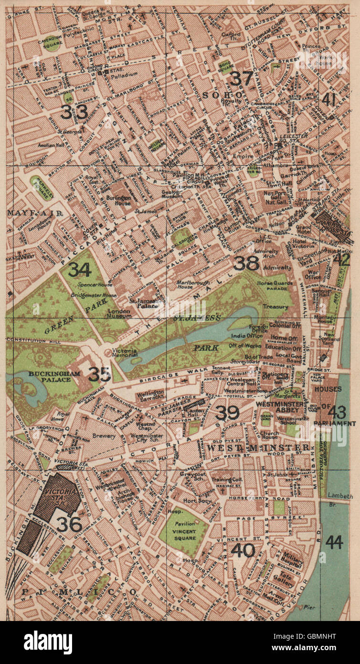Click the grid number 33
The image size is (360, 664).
tap(74, 112)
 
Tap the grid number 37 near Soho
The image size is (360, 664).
tap(241, 78)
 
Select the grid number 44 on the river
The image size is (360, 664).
tap(334, 542)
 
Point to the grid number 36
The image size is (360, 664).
tap(70, 524)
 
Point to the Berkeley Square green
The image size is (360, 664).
tap(41, 184)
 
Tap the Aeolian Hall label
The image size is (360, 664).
tap(52, 144)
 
